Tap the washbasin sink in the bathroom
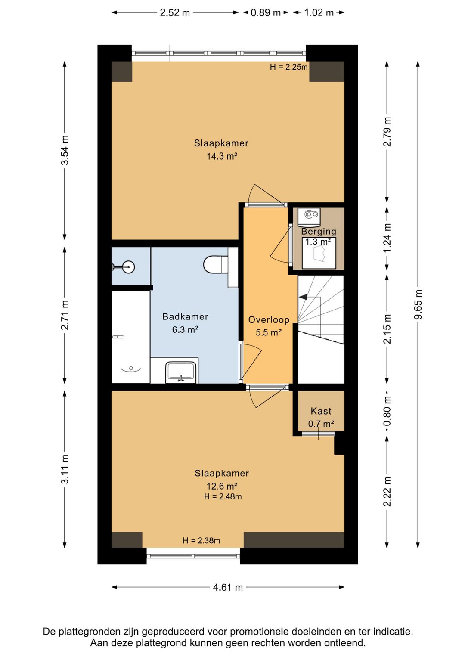tap(181, 372)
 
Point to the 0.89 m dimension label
tap(266, 12)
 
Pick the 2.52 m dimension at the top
tap(175, 12)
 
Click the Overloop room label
tap(269, 320)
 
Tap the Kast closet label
tap(321, 411)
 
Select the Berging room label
tap(319, 232)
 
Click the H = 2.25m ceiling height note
tap(288, 67)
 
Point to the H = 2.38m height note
tap(201, 540)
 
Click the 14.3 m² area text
tap(221, 156)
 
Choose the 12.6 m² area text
tap(221, 486)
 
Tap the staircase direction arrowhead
tap(303, 297)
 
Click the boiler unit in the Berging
tap(309, 217)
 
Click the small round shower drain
tap(131, 368)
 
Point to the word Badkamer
tap(185, 317)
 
